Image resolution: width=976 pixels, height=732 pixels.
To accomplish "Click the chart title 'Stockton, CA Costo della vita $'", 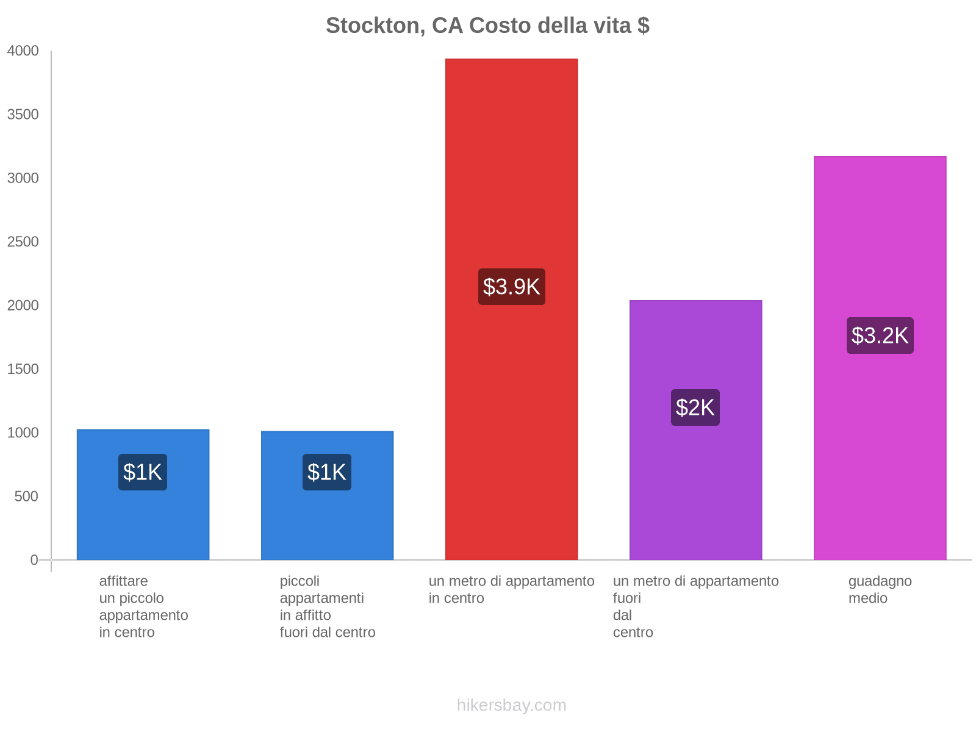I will (x=487, y=26).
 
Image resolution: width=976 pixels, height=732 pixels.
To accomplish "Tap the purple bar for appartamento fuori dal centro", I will (x=695, y=488).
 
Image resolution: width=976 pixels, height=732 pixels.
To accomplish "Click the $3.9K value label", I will (x=511, y=287).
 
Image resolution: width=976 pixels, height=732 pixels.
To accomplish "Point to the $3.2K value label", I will (x=880, y=335).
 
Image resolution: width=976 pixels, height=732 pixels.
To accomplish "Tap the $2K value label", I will (x=695, y=407).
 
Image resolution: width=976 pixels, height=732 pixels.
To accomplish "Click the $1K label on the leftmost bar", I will (x=143, y=472).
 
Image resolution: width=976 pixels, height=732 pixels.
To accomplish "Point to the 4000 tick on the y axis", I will (x=23, y=51).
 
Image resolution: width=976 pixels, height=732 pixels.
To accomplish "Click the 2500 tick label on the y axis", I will (x=23, y=242).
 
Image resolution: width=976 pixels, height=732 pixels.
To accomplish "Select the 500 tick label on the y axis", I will (x=26, y=497).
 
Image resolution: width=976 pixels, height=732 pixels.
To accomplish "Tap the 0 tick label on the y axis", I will (x=34, y=560).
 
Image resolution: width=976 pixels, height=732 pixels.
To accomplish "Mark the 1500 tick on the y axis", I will (x=23, y=369).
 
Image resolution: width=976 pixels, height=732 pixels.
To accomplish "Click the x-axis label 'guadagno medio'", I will (x=880, y=589).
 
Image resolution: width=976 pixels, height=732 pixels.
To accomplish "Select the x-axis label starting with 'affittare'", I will (x=143, y=606).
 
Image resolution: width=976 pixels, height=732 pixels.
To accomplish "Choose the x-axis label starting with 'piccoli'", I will (x=327, y=606).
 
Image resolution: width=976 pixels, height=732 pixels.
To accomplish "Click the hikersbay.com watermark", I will (x=511, y=705).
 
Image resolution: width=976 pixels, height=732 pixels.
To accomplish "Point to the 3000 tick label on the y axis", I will (x=23, y=178).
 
